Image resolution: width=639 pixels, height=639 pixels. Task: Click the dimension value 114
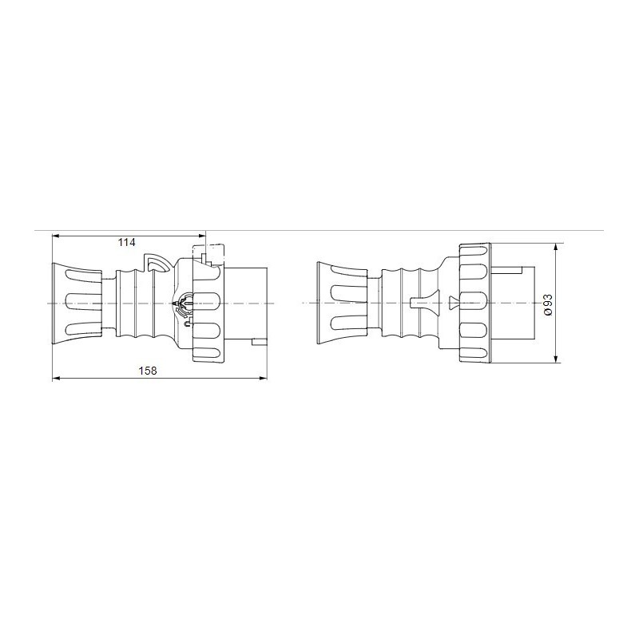click(x=125, y=242)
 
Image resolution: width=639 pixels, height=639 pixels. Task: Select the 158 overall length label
click(x=146, y=371)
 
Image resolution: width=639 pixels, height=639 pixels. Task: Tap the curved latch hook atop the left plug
click(x=156, y=263)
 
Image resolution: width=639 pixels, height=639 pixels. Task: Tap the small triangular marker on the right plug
click(x=454, y=303)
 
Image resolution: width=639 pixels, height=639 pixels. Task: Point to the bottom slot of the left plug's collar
click(x=209, y=353)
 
